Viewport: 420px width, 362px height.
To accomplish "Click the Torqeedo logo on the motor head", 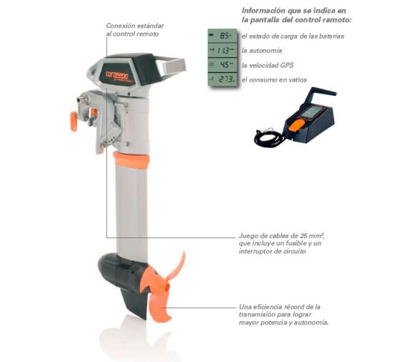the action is click(x=116, y=75).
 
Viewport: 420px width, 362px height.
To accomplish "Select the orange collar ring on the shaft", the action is click(x=131, y=160).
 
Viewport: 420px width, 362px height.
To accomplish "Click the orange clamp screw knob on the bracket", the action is click(x=74, y=122).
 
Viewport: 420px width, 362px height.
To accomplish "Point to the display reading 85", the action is click(x=222, y=36).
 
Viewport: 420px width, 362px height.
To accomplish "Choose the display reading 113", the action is click(x=222, y=50).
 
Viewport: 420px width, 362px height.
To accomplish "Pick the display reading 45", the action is click(x=222, y=64).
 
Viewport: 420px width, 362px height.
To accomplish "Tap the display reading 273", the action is click(x=222, y=79).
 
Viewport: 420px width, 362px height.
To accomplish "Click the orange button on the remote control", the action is click(x=296, y=124).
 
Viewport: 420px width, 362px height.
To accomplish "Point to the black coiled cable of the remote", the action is click(x=269, y=137).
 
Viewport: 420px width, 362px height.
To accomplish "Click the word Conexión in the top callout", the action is click(x=120, y=26).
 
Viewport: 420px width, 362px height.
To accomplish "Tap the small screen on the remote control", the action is click(x=310, y=112).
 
